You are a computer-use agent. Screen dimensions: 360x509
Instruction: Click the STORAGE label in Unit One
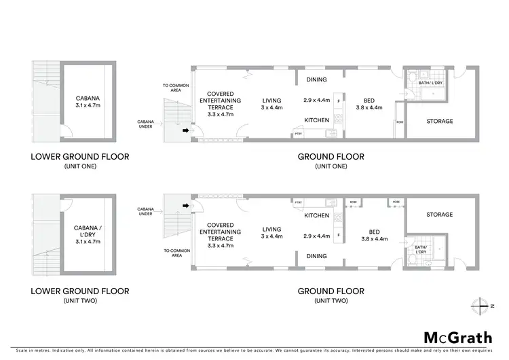coord(439,121)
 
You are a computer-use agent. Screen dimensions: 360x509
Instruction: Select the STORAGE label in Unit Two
coord(439,215)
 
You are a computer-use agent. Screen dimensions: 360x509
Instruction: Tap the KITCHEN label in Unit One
coord(316,120)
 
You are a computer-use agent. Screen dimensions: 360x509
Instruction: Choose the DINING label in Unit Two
coord(316,256)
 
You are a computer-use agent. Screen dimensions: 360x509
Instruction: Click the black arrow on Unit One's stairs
coord(187,130)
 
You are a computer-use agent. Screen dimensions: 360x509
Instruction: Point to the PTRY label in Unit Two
coord(298,202)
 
